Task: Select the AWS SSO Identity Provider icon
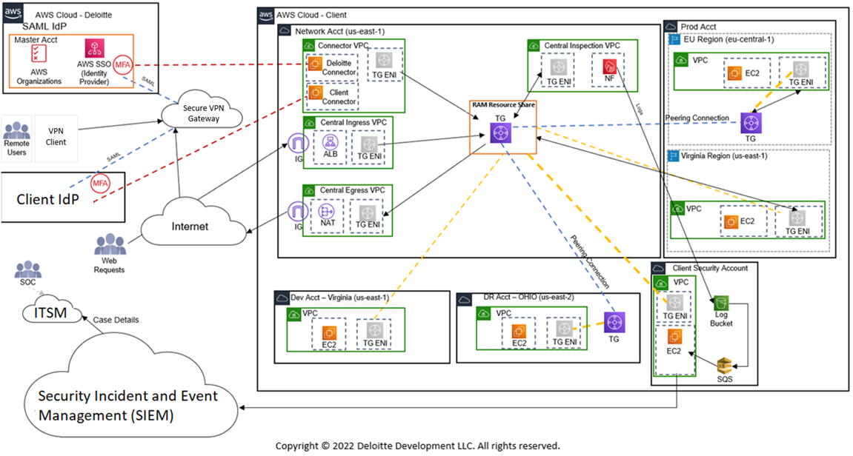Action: [96, 50]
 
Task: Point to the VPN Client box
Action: [56, 136]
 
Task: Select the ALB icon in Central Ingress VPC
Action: [330, 141]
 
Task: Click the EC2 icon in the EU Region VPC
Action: [734, 73]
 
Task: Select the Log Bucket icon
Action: [722, 304]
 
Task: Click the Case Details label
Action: [116, 320]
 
